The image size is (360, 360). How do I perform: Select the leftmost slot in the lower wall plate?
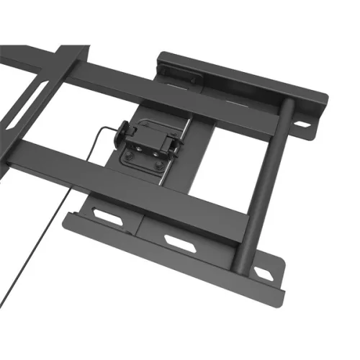(x=109, y=217)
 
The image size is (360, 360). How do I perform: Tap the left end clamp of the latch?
(x=123, y=132)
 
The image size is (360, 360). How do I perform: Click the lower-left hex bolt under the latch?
(x=131, y=158)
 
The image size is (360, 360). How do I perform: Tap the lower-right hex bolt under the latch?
(x=159, y=166)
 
